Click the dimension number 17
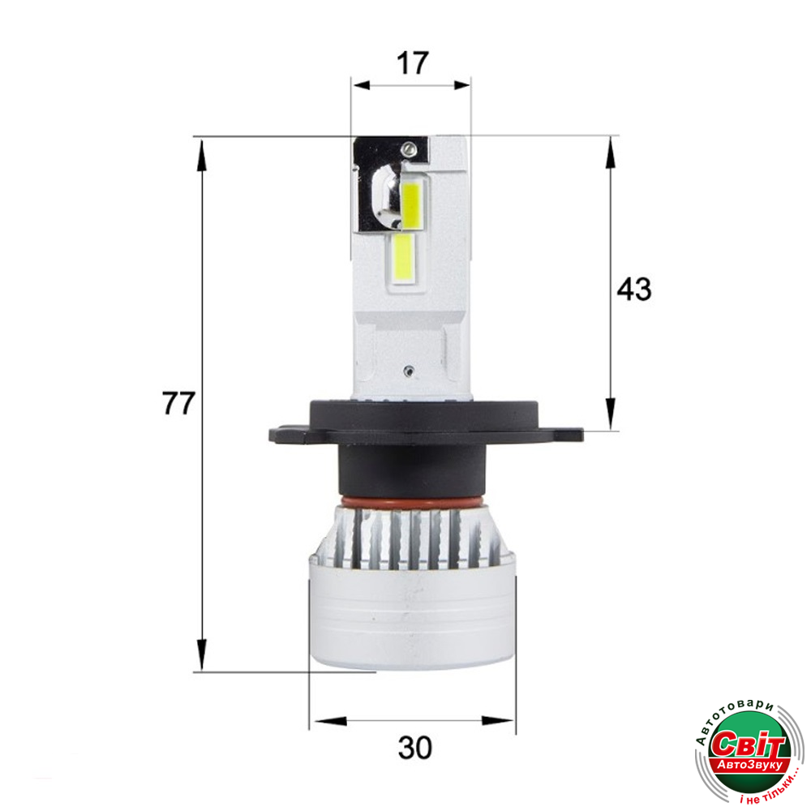click(413, 63)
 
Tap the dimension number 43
click(634, 289)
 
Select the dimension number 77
click(178, 403)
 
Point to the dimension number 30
click(414, 748)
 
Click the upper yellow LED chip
click(411, 204)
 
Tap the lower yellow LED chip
click(403, 255)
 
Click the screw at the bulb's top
click(408, 149)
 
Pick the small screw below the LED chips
click(409, 371)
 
